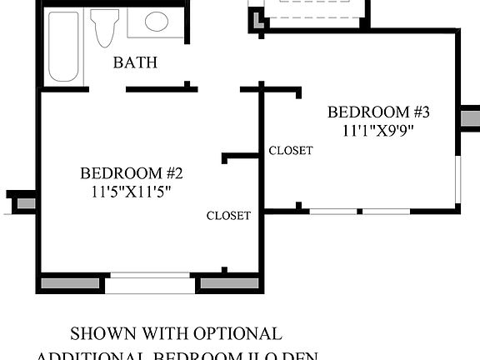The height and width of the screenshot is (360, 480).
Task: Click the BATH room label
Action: [x=135, y=62]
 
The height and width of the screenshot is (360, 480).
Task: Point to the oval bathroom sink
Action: [x=157, y=22]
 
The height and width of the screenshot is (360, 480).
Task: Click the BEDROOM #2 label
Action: [x=131, y=173]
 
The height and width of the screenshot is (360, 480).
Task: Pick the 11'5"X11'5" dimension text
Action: [x=131, y=190]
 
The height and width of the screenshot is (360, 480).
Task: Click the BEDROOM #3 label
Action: [x=378, y=112]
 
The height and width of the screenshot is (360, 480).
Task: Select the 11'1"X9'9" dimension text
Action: [x=378, y=130]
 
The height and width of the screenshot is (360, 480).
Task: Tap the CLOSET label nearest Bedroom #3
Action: [x=291, y=151]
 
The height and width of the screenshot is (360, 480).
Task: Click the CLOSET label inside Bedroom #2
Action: [x=228, y=216]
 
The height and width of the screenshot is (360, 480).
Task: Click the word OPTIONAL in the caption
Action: [x=240, y=334]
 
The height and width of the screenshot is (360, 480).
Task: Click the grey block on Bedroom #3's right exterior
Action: [x=470, y=117]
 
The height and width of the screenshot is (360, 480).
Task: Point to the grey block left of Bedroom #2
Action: [x=25, y=202]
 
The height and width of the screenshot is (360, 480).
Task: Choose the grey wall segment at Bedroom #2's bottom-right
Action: [x=229, y=284]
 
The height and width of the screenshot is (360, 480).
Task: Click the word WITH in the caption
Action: [x=165, y=334]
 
